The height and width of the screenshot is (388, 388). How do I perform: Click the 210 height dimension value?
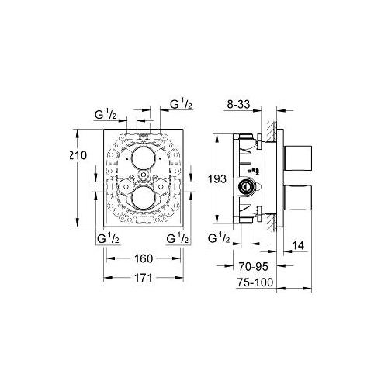pyautogui.click(x=78, y=155)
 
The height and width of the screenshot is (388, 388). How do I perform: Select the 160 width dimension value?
pyautogui.click(x=144, y=258)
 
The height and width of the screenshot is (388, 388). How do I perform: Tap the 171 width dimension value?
pyautogui.click(x=144, y=278)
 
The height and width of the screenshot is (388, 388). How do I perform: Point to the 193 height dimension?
pyautogui.click(x=217, y=178)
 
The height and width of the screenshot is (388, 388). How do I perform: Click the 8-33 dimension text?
pyautogui.click(x=238, y=104)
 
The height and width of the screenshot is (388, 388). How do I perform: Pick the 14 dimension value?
pyautogui.click(x=298, y=245)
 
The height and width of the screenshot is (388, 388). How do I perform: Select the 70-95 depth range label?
pyautogui.click(x=253, y=267)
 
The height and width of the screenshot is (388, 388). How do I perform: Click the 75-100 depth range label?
pyautogui.click(x=255, y=282)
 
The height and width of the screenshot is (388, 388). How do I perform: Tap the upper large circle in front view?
pyautogui.click(x=144, y=158)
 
